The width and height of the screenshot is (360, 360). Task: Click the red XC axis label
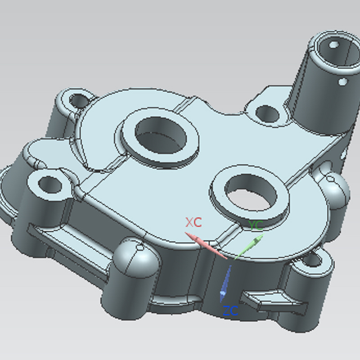click(x=194, y=222)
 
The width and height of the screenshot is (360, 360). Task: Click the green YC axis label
click(x=256, y=225)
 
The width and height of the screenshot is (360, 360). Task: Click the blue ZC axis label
click(x=230, y=310)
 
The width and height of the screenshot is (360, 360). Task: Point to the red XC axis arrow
click(x=206, y=245)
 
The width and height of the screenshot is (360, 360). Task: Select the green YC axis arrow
click(x=249, y=247)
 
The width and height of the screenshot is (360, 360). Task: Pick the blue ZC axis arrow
click(x=225, y=284)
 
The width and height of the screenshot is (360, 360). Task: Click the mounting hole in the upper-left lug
click(x=79, y=100)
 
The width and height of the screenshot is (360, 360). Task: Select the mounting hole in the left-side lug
click(x=50, y=184)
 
